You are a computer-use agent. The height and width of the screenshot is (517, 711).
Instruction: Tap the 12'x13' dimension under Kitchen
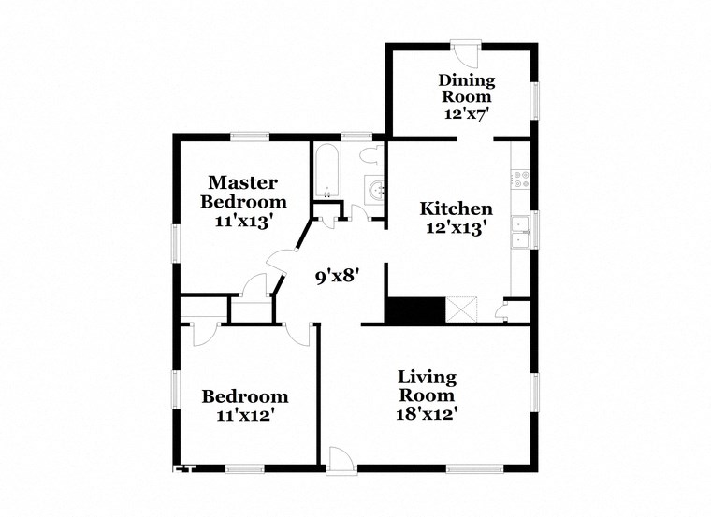(456, 227)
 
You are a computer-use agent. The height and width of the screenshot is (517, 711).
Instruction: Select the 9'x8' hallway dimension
(337, 276)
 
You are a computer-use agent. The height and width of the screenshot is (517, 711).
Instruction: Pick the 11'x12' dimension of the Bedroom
(245, 415)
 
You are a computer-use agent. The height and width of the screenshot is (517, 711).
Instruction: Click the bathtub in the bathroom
(326, 172)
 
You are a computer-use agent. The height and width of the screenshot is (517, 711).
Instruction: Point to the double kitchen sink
(520, 232)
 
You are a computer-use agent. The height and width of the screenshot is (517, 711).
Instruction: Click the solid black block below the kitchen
(413, 309)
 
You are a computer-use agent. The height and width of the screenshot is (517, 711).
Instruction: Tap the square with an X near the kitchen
(462, 309)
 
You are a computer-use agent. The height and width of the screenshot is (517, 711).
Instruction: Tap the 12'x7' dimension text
(469, 113)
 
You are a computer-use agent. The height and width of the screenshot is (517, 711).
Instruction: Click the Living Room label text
(428, 386)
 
